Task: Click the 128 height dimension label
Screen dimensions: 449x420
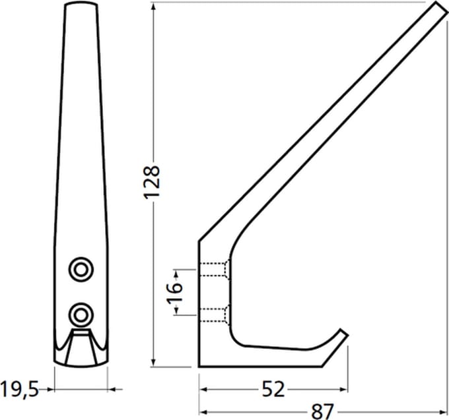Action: [151, 182]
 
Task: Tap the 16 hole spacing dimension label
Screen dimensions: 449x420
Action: [175, 293]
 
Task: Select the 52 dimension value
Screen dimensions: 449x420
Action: [273, 389]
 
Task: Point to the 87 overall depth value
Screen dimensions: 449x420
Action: [322, 411]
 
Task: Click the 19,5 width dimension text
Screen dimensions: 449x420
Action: [19, 389]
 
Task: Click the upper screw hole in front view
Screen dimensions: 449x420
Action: [81, 269]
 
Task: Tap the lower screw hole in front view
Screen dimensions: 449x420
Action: [81, 315]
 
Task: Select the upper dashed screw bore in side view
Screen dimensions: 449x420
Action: [215, 269]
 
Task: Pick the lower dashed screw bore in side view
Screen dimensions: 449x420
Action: [215, 315]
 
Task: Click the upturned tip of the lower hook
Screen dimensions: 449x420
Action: [343, 333]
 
